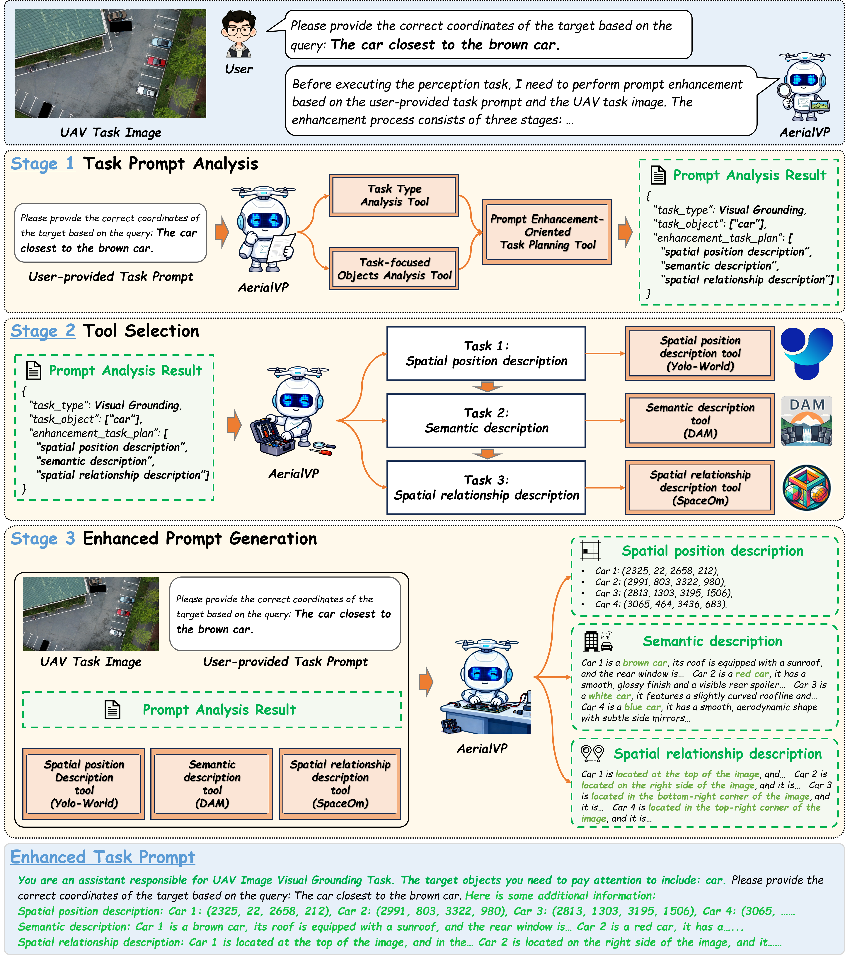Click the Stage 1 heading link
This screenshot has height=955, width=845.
[42, 164]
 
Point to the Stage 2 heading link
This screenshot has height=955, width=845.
[42, 331]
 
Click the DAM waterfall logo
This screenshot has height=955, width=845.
[807, 420]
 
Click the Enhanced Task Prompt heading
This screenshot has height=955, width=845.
[103, 857]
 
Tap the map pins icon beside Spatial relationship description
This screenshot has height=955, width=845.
[592, 753]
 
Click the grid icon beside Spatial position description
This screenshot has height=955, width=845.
[590, 551]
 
